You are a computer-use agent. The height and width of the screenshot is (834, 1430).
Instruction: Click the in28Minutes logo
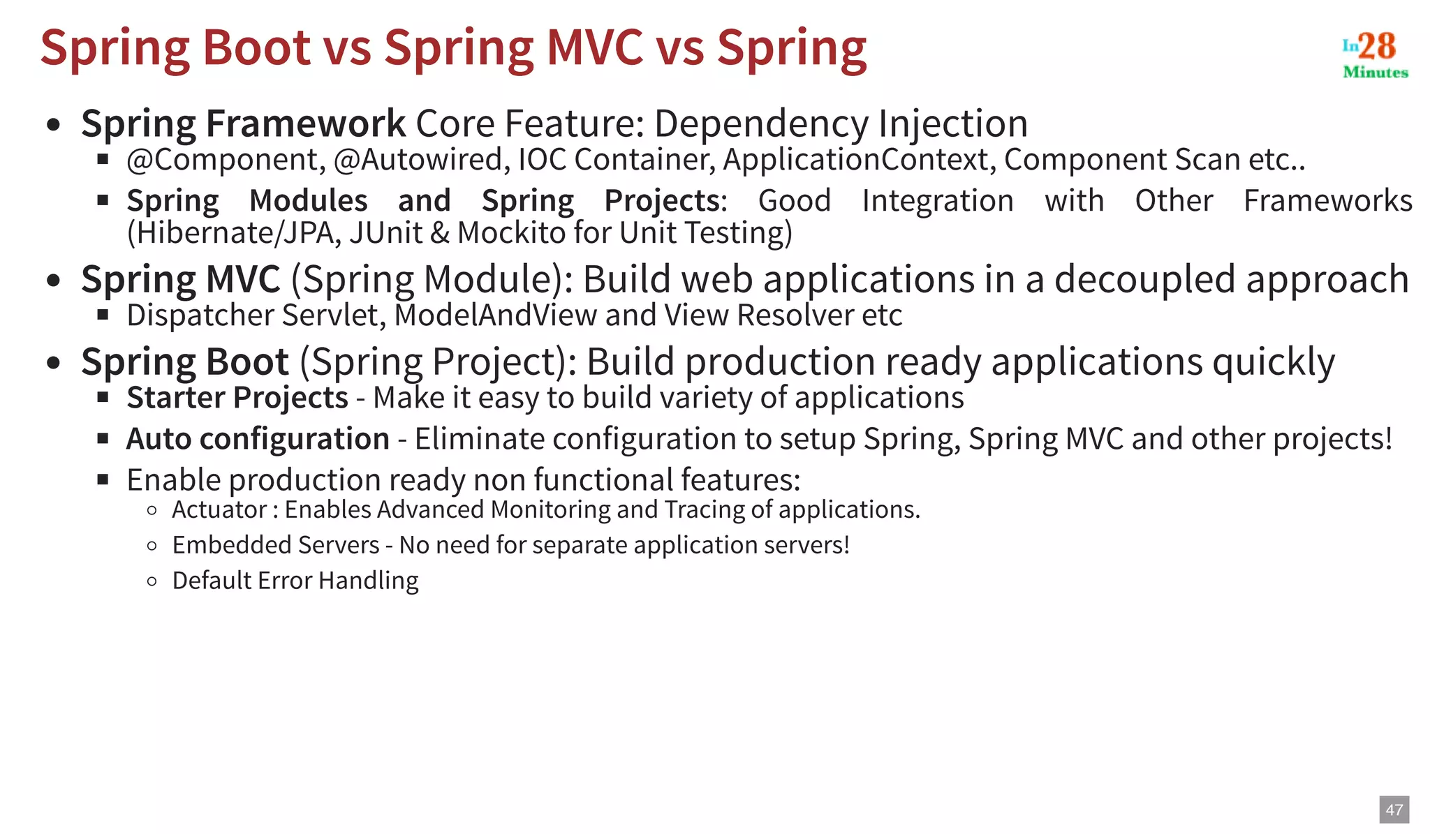coord(1375,54)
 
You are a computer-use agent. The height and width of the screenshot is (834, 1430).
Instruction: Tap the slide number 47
coord(1394,810)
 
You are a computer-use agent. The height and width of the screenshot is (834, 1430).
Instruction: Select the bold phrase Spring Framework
coord(243,124)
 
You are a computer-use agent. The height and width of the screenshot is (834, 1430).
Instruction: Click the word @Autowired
coord(418,160)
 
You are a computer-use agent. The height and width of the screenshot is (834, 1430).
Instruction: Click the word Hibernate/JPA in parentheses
coord(235,233)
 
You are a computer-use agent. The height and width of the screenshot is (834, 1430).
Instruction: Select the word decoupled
coord(1145,279)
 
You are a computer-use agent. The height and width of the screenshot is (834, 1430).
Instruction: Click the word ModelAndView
coord(495,315)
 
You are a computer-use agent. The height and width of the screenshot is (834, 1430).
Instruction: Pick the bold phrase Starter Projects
coord(237,398)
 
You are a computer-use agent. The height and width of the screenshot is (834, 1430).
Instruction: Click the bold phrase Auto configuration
coord(258,439)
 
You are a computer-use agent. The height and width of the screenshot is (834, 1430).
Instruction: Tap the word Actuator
coord(219,510)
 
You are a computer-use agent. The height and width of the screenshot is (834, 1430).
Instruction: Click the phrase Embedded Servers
coord(276,545)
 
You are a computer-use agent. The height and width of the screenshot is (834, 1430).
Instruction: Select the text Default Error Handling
coord(295,581)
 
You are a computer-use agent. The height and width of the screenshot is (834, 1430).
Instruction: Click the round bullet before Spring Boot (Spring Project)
coord(54,363)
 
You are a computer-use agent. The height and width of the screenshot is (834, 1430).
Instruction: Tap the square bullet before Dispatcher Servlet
coord(103,315)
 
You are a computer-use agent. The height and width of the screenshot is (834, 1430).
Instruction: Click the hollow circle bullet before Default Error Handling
coord(152,581)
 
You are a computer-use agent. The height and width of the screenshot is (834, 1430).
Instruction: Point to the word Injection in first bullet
coord(952,124)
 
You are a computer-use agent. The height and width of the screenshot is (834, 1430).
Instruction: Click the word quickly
coord(1273,362)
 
